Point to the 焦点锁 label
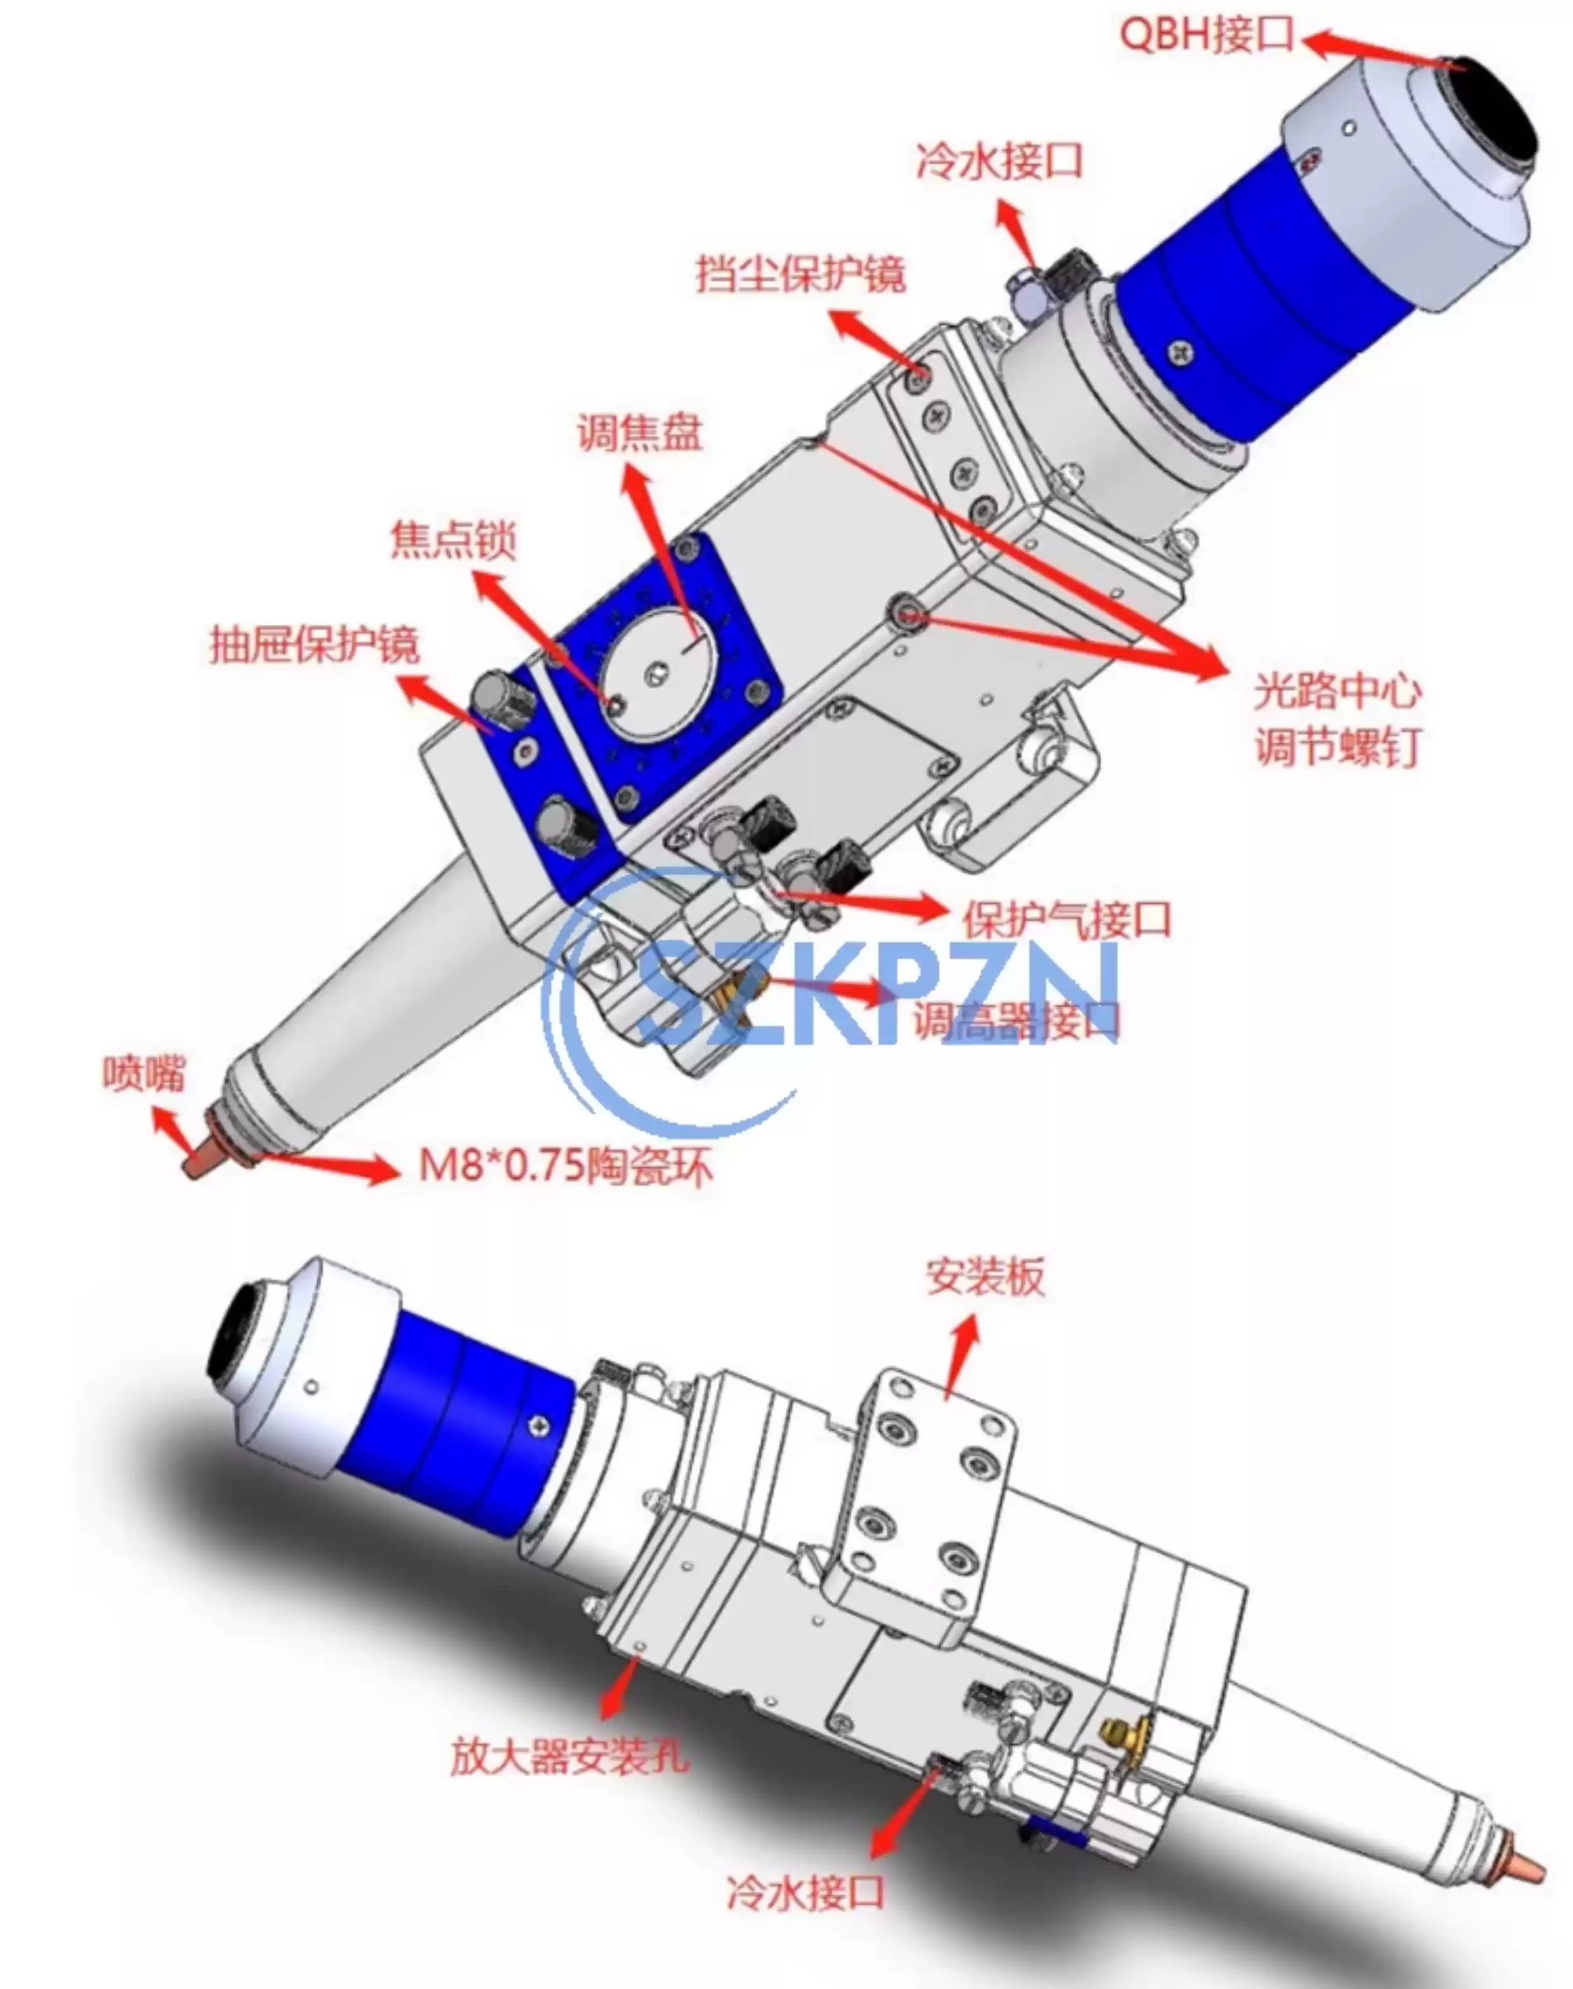[453, 540]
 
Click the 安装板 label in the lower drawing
[986, 1277]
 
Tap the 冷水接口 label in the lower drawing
[805, 1893]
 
